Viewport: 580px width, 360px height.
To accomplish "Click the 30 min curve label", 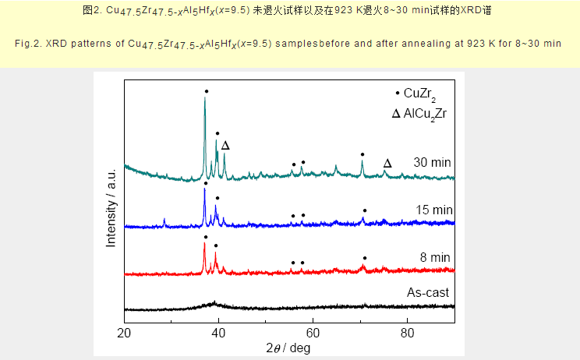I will pos(433,162).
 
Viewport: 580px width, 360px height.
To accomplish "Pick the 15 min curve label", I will pos(433,210).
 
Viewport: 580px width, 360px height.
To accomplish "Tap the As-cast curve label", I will pos(428,293).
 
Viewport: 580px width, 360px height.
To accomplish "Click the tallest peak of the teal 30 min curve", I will pos(205,98).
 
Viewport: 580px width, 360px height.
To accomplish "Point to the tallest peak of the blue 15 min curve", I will pos(205,189).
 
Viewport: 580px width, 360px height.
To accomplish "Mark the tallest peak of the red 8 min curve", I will pos(205,244).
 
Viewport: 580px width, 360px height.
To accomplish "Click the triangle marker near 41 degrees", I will pos(225,146).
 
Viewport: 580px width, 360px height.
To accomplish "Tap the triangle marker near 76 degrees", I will pos(387,163).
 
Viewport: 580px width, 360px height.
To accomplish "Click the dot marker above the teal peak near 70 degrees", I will pos(362,154).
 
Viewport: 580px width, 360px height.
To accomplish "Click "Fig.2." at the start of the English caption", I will pos(30,42).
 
